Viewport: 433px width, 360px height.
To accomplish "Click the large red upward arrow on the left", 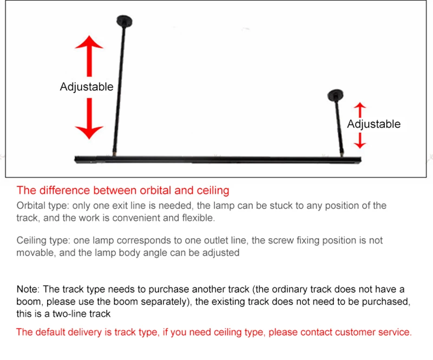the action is click(x=89, y=56).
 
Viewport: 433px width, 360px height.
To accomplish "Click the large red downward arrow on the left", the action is click(x=89, y=119).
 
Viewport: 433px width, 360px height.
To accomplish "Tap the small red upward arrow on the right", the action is click(x=360, y=110).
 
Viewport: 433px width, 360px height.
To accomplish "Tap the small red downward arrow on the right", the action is click(x=360, y=141).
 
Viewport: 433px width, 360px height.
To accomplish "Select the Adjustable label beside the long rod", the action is click(x=87, y=87).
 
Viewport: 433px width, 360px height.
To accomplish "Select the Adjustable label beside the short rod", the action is click(x=374, y=125).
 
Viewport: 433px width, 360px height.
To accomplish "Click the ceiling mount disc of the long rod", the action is click(x=124, y=21).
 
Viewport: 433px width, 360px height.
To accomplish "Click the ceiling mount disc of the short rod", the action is click(x=336, y=95).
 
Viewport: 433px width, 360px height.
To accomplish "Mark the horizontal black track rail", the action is click(x=218, y=160).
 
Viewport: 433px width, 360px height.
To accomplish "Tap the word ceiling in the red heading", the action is click(x=213, y=191).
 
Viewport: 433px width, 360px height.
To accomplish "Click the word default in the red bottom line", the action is click(x=50, y=332).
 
